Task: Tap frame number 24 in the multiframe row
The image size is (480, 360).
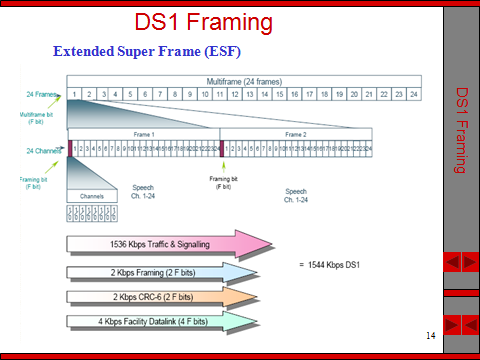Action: pos(412,95)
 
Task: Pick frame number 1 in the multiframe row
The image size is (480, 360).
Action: pos(74,95)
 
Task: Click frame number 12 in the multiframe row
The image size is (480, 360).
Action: pos(235,95)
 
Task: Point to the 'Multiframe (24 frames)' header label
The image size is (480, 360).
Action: pos(243,80)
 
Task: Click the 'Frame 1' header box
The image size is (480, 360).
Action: pos(145,133)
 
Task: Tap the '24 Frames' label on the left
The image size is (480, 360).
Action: pos(40,95)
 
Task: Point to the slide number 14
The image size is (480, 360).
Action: pos(430,334)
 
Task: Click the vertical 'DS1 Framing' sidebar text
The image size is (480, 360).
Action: pos(462,130)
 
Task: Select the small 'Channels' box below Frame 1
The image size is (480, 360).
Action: pos(91,196)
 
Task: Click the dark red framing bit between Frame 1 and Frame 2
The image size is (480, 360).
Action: pos(223,148)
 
